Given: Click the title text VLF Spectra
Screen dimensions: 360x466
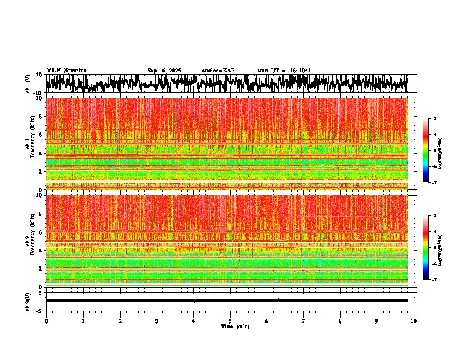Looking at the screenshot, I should click(x=66, y=71).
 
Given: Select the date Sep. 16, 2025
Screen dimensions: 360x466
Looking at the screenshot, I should click(x=164, y=71).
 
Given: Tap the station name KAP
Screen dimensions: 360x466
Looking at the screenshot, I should click(x=218, y=71).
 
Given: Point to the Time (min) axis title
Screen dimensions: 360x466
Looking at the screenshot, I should click(x=235, y=326).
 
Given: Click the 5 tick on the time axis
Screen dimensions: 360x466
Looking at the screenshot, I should click(x=230, y=321).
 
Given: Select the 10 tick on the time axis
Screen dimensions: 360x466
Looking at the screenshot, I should click(x=414, y=321).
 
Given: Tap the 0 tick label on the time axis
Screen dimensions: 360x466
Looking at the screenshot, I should click(x=46, y=321).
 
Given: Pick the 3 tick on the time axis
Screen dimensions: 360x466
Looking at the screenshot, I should click(x=157, y=321).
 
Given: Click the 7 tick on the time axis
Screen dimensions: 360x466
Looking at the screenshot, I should click(x=304, y=321).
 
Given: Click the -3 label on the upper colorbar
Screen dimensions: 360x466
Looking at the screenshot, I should click(x=434, y=119).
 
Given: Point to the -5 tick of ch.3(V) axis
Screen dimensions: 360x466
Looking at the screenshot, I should click(x=40, y=310).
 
